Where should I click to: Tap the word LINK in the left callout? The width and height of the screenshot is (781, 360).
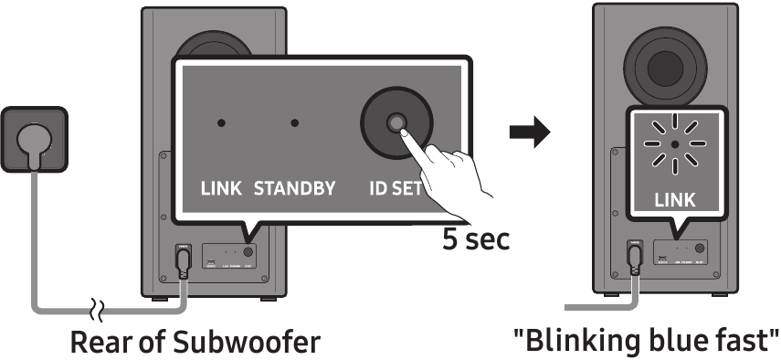coord(220,190)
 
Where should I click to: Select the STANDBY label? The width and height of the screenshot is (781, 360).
coord(294,190)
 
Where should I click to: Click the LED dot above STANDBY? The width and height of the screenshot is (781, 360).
coord(294,123)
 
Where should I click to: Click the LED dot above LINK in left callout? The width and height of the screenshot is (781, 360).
coord(220,123)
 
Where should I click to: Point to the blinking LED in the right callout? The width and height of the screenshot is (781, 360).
coord(673,144)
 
